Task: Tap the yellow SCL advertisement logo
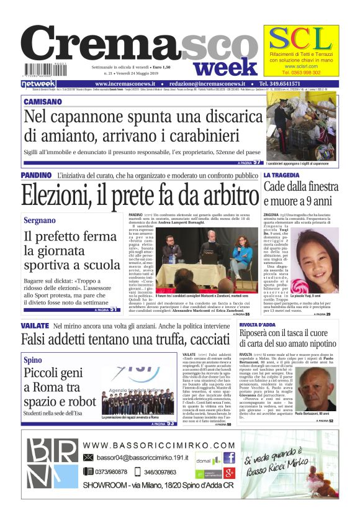tap(300, 40)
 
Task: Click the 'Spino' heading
tap(33, 360)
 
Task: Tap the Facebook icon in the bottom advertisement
tap(228, 458)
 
